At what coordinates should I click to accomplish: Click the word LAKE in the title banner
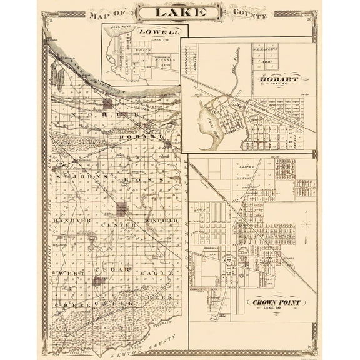[x=179, y=12]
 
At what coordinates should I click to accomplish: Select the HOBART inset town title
[x=281, y=80]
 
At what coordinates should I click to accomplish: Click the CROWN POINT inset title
[x=276, y=303]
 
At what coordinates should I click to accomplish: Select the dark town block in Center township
[x=121, y=209]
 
